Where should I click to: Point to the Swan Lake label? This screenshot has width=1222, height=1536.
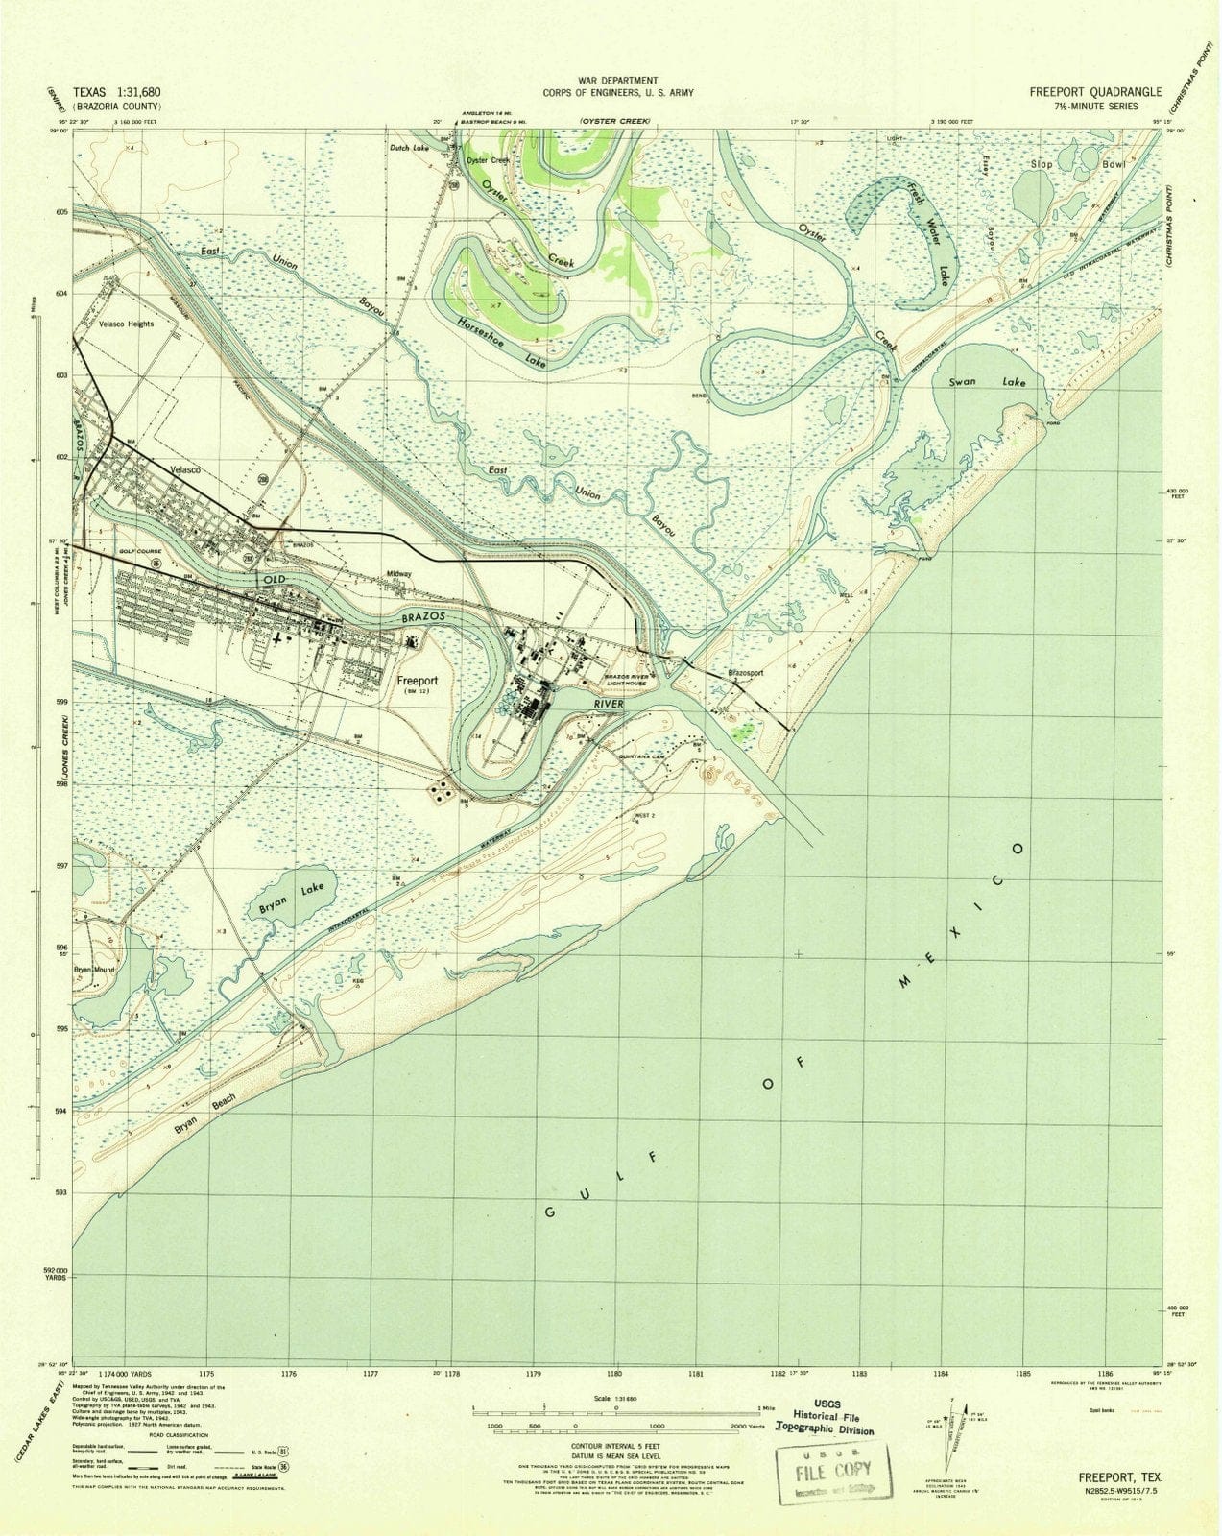[985, 382]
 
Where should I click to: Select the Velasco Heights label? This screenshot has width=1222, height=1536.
[126, 324]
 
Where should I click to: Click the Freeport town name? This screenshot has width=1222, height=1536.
[419, 680]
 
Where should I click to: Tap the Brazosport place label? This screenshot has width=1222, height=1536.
[746, 673]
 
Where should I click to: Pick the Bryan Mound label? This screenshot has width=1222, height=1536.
[94, 970]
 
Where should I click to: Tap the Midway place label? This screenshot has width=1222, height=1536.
[398, 574]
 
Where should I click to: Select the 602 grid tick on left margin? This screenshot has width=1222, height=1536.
[60, 457]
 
